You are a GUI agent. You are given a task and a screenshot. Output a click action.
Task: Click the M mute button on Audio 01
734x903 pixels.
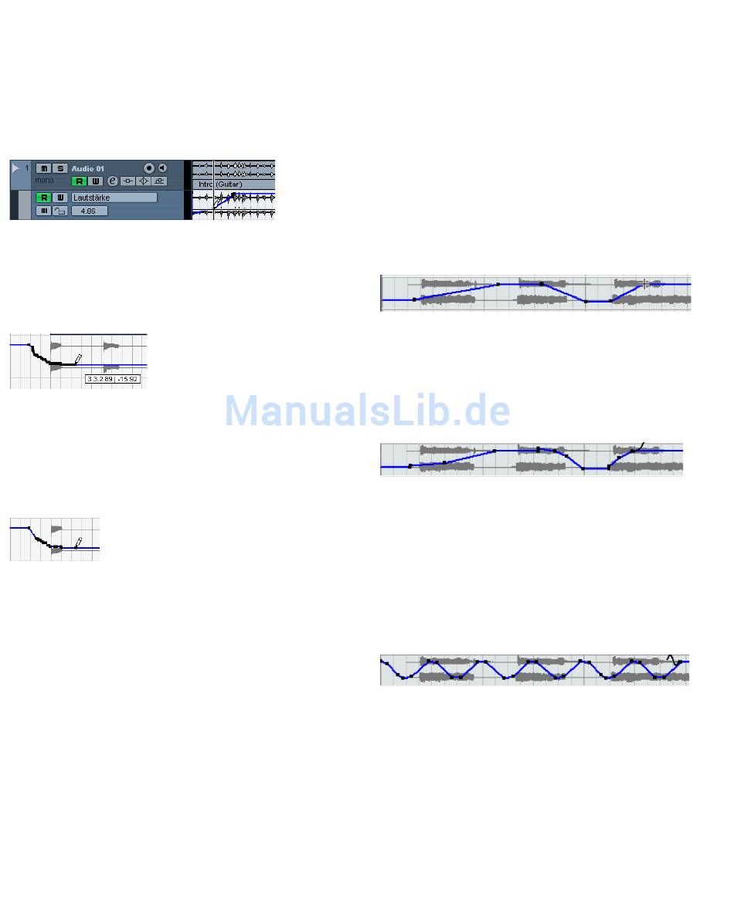[43, 168]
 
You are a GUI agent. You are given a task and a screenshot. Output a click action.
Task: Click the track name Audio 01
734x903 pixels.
[87, 168]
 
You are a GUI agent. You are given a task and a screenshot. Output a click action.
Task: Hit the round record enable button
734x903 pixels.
[148, 168]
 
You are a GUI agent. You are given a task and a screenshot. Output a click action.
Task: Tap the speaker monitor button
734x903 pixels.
[162, 168]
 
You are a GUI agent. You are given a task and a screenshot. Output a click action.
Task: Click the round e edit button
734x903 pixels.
[112, 181]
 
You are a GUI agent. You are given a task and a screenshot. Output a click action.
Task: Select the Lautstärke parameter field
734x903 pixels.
[114, 198]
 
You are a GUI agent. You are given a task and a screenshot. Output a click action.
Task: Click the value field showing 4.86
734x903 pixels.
[89, 211]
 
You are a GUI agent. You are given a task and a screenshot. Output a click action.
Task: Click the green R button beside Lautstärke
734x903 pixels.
[43, 198]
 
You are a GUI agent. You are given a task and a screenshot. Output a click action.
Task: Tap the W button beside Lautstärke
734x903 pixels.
[59, 198]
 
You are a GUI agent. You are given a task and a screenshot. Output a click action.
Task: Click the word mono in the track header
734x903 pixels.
[44, 181]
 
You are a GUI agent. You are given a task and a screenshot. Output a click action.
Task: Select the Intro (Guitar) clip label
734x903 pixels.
[220, 184]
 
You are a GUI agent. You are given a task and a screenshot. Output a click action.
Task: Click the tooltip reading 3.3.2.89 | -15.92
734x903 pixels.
[113, 379]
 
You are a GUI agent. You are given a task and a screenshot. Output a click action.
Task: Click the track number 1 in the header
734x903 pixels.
[27, 167]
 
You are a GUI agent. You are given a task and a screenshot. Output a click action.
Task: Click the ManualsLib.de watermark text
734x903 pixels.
[367, 411]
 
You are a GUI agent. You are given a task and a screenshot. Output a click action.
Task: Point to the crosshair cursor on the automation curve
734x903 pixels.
[645, 284]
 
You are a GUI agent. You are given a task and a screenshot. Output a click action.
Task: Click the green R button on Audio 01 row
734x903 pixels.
[79, 181]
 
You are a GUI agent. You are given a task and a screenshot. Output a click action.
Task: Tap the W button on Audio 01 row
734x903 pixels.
[95, 181]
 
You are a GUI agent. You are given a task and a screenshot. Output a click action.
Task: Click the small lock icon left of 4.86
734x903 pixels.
[59, 211]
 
